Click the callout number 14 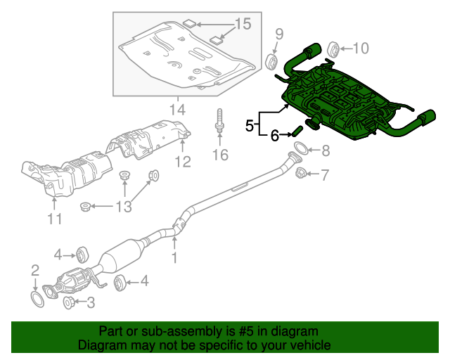pos(176,110)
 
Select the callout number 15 pos(242,25)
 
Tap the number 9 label pos(278,33)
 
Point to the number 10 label pos(360,48)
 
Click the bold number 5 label pos(250,125)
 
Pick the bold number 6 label pos(275,135)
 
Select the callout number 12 pos(183,162)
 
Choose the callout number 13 pos(123,206)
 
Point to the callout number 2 pos(34,269)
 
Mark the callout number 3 pos(90,303)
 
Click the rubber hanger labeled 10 pos(334,49)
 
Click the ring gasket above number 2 pos(37,300)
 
